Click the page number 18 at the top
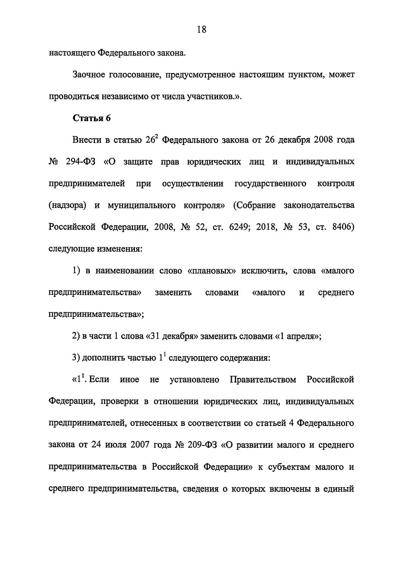point(201,29)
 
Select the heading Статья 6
point(89,118)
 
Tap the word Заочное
point(91,75)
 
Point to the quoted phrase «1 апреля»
point(298,336)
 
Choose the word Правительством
point(263,380)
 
